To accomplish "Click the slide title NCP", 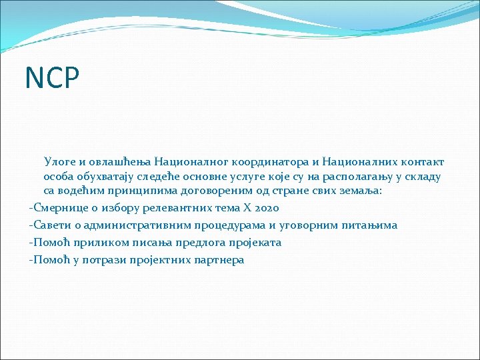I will tap(52, 77).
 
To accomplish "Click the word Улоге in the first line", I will tap(59, 161).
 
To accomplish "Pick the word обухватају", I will tap(108, 177).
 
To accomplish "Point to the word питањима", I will tap(370, 225).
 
